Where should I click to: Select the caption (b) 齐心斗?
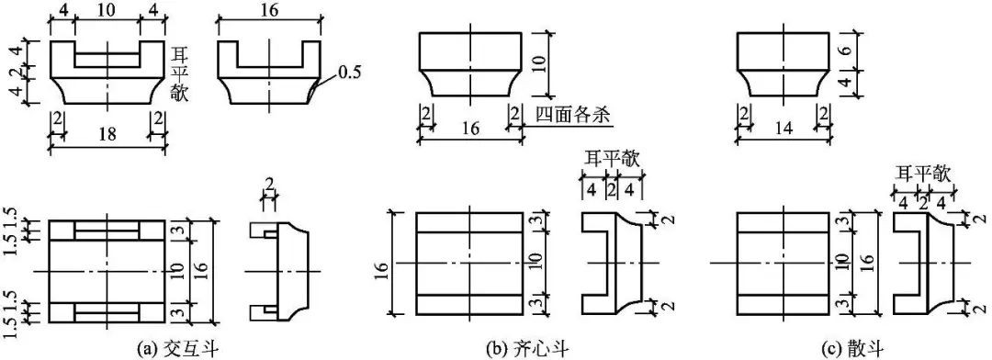point(522,347)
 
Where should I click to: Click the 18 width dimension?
point(108,135)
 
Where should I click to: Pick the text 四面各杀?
point(567,117)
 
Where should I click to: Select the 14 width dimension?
point(783,129)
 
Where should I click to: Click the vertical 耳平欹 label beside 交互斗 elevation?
point(180,73)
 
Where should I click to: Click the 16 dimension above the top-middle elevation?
point(269,11)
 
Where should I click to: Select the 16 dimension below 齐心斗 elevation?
point(470,129)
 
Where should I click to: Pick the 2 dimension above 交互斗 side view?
point(270,184)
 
